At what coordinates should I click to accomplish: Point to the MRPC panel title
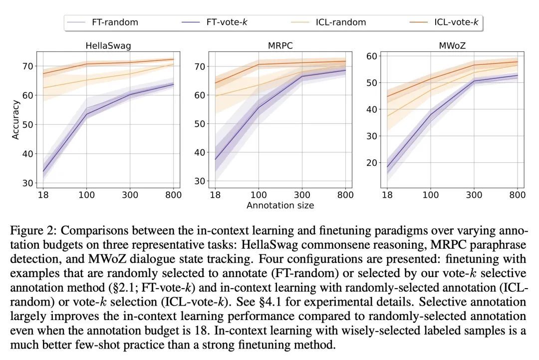point(280,46)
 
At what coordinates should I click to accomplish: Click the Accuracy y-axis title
point(16,120)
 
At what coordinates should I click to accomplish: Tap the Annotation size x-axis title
point(280,205)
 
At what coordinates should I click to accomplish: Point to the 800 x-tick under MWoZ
point(517,195)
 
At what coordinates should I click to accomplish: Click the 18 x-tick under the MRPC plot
point(215,195)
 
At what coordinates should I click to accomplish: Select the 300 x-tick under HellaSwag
point(130,195)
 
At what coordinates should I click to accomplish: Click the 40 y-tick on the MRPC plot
point(200,152)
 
